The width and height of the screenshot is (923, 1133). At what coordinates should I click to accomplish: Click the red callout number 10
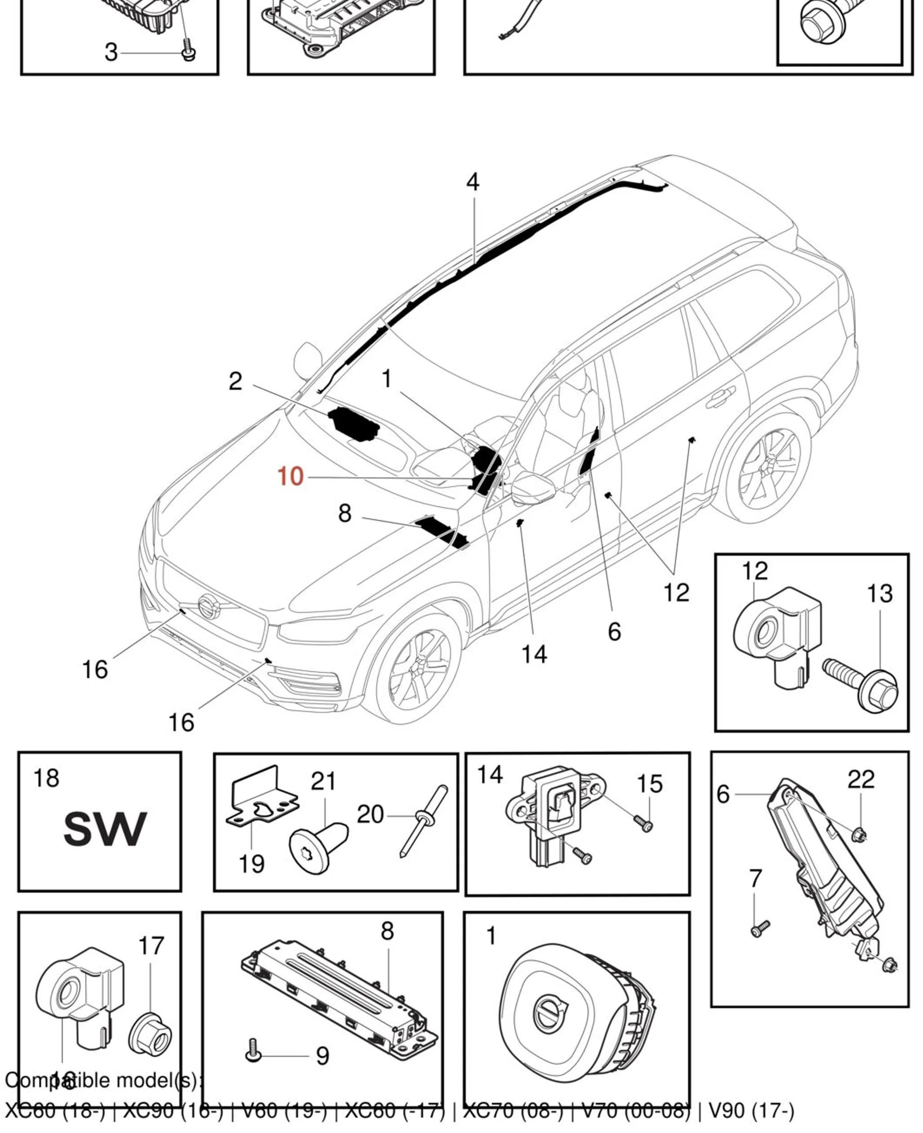[x=290, y=477]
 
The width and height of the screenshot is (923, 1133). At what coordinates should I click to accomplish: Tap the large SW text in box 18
[x=104, y=830]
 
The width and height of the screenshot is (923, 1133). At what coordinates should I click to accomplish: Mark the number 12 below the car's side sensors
[x=676, y=592]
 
